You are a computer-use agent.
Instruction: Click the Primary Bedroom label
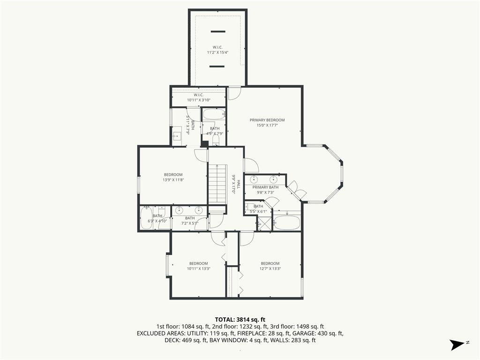(x=267, y=120)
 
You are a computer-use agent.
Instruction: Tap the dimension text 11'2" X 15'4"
(x=217, y=52)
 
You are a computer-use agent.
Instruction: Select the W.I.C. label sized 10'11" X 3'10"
(x=198, y=95)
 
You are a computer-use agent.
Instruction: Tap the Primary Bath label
(x=265, y=187)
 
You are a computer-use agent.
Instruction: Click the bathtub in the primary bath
(x=287, y=223)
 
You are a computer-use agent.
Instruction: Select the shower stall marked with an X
(x=264, y=223)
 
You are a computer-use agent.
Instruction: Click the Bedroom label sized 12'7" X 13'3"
(x=270, y=263)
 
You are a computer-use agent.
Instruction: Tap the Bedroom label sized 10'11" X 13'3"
(x=198, y=263)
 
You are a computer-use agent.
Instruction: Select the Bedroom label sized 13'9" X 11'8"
(x=173, y=174)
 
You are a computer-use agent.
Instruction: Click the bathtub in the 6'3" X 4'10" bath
(x=146, y=217)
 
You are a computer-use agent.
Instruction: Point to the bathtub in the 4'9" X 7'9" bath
(x=214, y=114)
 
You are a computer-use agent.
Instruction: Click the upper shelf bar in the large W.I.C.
(x=218, y=31)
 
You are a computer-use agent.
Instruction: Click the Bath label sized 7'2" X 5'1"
(x=190, y=218)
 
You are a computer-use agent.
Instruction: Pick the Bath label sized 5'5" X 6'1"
(x=258, y=206)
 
